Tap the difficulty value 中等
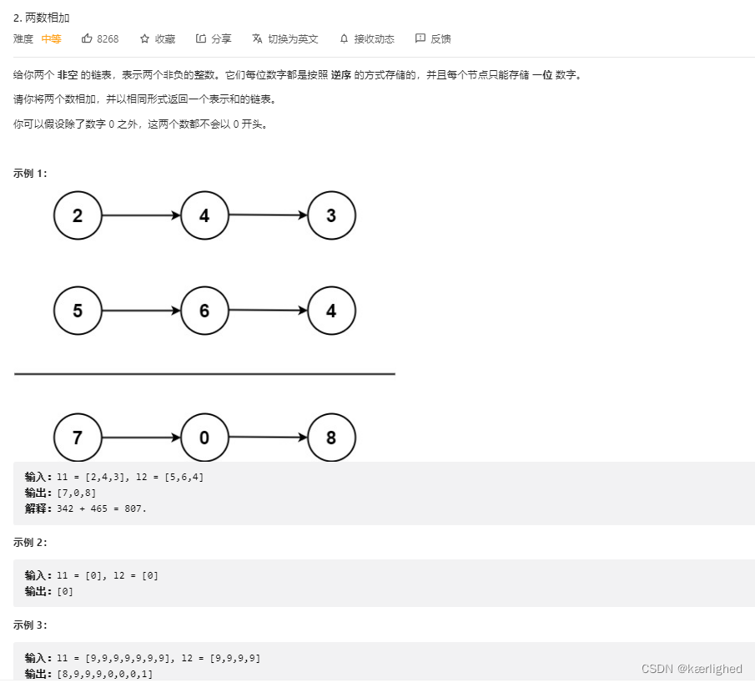click(x=51, y=39)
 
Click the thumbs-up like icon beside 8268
click(x=87, y=38)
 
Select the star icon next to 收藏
click(x=144, y=38)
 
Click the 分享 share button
click(x=214, y=38)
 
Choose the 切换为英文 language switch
click(x=285, y=38)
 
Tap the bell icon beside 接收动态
click(x=344, y=38)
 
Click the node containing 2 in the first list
click(x=78, y=215)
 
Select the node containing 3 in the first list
click(x=331, y=215)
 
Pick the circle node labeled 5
click(x=78, y=311)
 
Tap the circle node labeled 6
click(x=204, y=311)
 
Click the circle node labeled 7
click(x=78, y=438)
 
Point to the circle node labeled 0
click(x=204, y=438)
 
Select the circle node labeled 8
click(x=331, y=438)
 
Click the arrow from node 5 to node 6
click(x=141, y=311)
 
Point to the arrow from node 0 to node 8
click(x=268, y=437)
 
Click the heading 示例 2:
click(x=30, y=542)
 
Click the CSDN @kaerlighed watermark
click(x=692, y=669)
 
